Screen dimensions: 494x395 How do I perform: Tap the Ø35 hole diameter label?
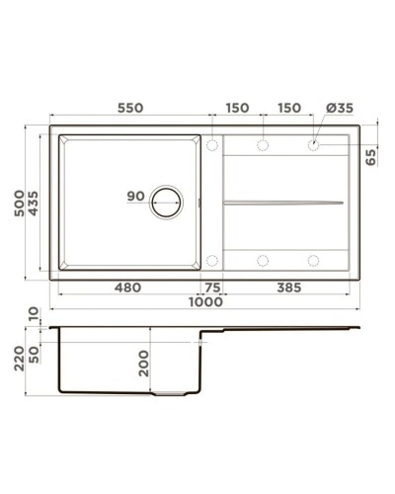[329, 107]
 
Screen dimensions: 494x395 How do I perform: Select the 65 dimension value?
[371, 158]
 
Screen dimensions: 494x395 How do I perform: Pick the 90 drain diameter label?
[136, 196]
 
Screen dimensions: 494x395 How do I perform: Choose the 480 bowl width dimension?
[127, 288]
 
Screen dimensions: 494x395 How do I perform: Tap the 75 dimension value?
[212, 288]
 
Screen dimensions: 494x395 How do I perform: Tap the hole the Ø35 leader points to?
[314, 145]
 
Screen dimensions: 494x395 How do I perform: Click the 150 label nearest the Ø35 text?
[288, 107]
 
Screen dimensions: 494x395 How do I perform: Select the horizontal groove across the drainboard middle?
[284, 203]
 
